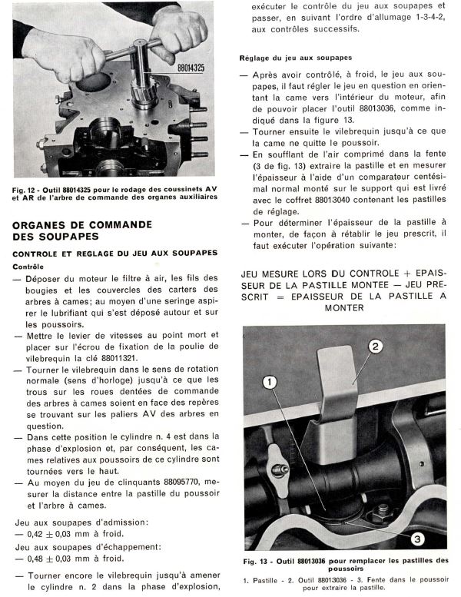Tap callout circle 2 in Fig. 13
[x=374, y=346]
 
